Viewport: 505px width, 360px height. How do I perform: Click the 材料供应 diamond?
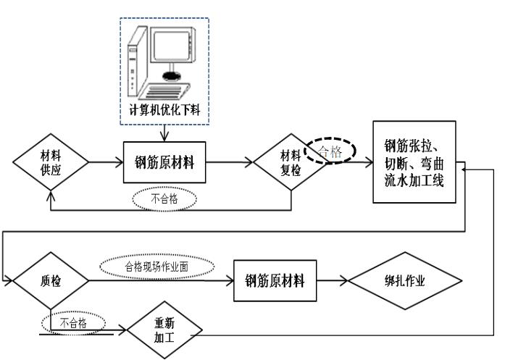click(x=51, y=162)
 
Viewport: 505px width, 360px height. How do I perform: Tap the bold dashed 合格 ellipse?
click(x=330, y=151)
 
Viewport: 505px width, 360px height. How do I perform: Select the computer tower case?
click(x=133, y=62)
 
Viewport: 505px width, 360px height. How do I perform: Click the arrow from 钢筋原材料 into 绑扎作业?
click(x=336, y=280)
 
